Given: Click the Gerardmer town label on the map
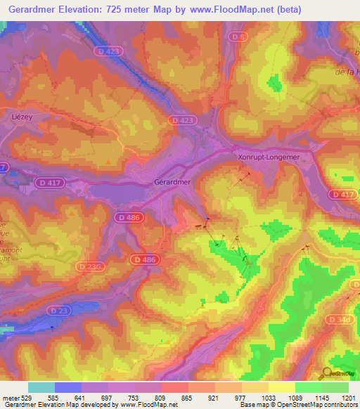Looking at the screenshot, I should click(x=172, y=181).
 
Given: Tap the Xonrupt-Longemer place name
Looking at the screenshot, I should click(x=269, y=158).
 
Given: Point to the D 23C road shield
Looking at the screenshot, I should click(x=91, y=266).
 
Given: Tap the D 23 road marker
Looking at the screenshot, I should click(x=59, y=310).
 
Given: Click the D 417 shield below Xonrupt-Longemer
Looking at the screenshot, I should click(x=342, y=194).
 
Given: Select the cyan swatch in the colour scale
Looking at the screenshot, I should click(x=41, y=387).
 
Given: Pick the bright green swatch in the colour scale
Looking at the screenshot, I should click(x=309, y=387).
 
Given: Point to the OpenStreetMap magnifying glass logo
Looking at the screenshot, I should click(x=328, y=374).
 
